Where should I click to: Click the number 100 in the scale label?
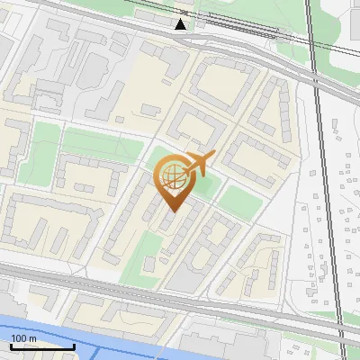click(x=18, y=338)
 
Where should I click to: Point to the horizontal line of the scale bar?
click(x=42, y=346)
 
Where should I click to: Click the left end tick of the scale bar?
click(x=11, y=345)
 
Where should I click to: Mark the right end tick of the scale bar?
click(x=74, y=345)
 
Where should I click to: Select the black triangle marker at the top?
click(x=182, y=24)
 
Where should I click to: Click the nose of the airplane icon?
click(x=212, y=157)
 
